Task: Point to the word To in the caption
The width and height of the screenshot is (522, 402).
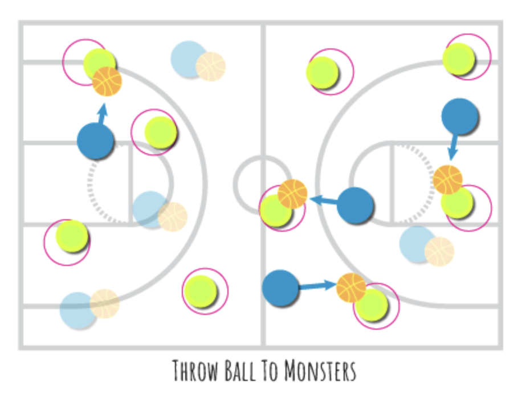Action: tap(273, 371)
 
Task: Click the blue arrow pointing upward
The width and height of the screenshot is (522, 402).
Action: tap(103, 113)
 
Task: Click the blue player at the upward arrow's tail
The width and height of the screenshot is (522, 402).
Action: tap(95, 141)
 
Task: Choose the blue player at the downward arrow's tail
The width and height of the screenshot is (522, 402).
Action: tap(459, 116)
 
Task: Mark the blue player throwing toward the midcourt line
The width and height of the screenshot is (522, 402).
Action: tap(355, 206)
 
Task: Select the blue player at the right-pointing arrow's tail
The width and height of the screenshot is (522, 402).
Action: tap(280, 289)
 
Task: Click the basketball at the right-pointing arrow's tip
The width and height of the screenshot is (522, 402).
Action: tap(351, 288)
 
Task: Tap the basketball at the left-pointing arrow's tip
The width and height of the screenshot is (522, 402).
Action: tap(292, 194)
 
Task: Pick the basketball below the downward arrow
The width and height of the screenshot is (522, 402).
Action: tap(447, 179)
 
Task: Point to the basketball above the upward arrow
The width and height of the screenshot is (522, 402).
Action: tap(107, 81)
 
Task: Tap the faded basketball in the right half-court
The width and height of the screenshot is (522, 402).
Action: tap(439, 251)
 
